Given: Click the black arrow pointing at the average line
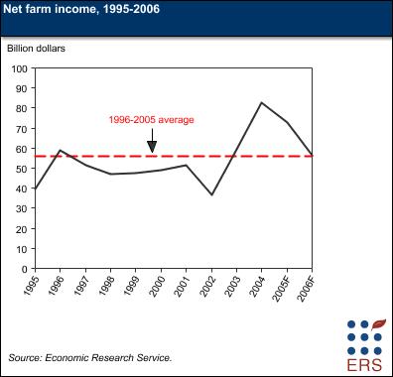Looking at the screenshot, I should [x=152, y=144].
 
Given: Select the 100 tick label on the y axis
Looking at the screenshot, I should [x=20, y=68].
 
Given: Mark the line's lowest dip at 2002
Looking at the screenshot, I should [x=211, y=194].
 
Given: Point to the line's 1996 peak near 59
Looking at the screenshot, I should [x=61, y=150].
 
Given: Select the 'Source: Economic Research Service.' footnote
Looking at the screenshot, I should [x=90, y=356].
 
